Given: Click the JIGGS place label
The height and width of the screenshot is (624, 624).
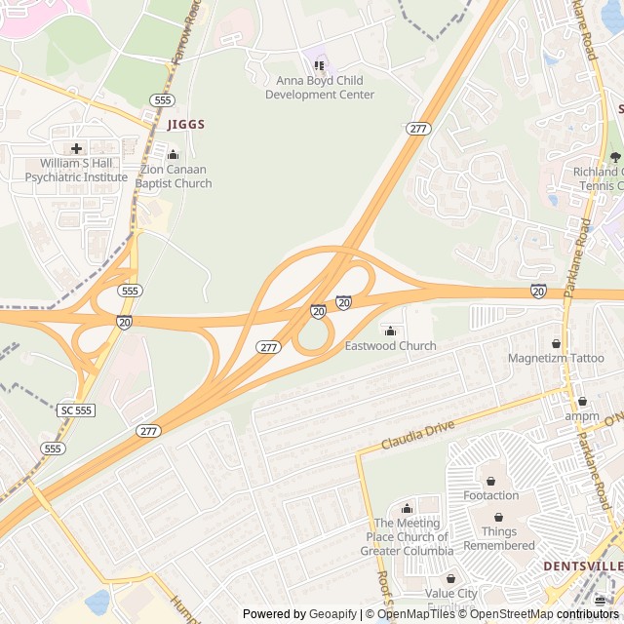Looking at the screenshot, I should coord(186,125).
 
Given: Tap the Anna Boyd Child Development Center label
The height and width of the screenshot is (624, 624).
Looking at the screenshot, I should coord(320,88).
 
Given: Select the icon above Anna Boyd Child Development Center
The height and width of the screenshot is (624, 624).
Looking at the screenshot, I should coord(319,65).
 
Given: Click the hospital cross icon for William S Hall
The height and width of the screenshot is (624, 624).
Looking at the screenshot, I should coord(76,149).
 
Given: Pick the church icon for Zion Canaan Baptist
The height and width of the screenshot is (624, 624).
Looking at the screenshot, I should coord(174,154).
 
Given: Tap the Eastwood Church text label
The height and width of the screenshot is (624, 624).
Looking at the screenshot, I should coord(391,346).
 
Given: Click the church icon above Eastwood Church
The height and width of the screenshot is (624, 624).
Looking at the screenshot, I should coord(391,330).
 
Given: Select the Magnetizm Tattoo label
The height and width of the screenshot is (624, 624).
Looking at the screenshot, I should coord(556,358).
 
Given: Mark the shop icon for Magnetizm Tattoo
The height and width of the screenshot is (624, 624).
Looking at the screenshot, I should coord(556,343).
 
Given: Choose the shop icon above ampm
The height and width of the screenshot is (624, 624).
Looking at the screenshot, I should coord(582,401).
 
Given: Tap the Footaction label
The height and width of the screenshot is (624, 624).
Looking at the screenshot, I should coord(490,495).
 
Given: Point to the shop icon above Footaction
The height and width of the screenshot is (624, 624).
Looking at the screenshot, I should coord(490,481).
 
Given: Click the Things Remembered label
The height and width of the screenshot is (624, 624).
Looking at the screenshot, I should coord(499,539).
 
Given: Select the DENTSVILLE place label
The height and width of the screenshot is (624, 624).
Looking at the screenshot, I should coord(583,566).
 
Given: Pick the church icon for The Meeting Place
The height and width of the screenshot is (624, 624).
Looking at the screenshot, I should coord(407,508).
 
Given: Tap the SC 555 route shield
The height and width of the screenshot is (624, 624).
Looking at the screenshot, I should coord(76,410).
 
